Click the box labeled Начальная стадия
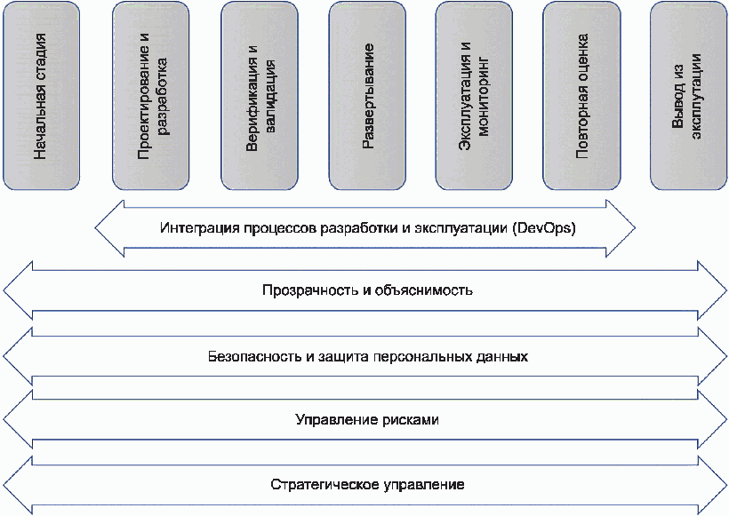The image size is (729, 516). (x=41, y=95)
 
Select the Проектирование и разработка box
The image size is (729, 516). (x=151, y=95)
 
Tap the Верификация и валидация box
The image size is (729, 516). (x=259, y=95)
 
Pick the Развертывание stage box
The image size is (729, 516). (x=367, y=95)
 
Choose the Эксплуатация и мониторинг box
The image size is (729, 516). (x=475, y=95)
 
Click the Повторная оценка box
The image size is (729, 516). (x=582, y=95)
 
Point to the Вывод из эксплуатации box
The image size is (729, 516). (x=690, y=95)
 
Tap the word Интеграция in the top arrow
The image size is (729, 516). (x=191, y=228)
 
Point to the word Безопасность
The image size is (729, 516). (x=247, y=357)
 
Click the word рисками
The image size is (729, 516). (x=412, y=418)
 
